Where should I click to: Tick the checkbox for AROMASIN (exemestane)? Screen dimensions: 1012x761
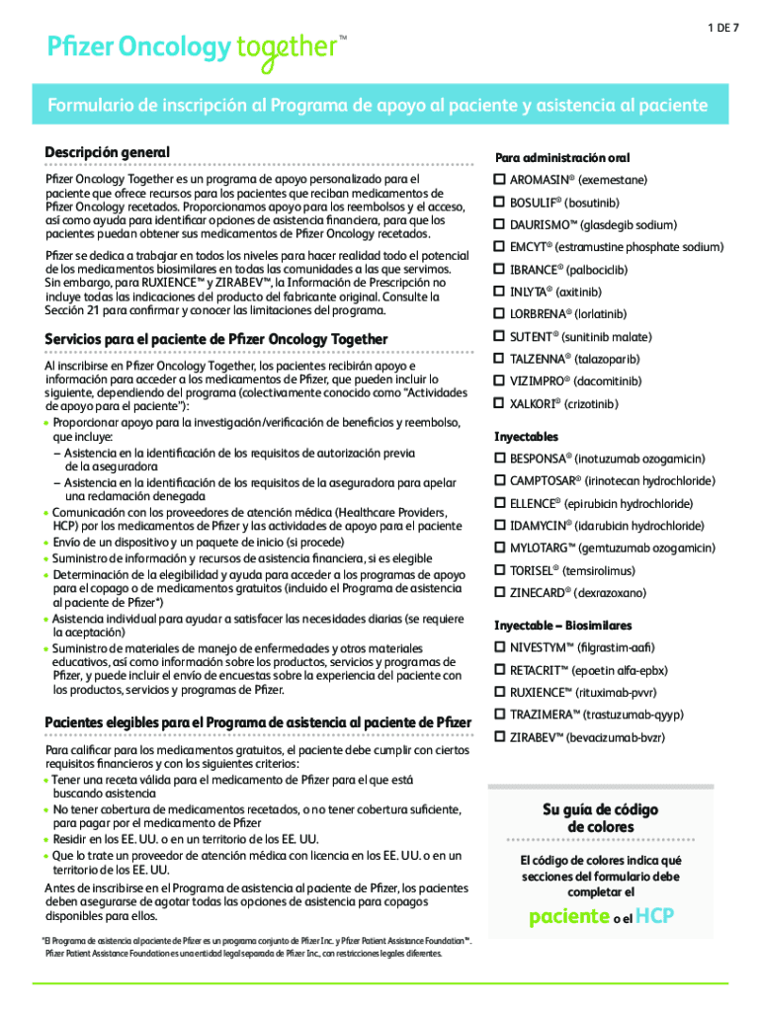pyautogui.click(x=500, y=181)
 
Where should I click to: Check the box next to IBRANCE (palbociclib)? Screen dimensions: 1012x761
pyautogui.click(x=500, y=270)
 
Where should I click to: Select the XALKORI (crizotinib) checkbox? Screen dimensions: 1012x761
pyautogui.click(x=500, y=404)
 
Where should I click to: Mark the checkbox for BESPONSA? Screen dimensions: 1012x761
pyautogui.click(x=500, y=460)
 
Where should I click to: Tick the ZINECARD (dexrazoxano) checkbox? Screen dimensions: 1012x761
pyautogui.click(x=500, y=593)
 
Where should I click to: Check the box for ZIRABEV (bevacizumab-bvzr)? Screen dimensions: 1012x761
pyautogui.click(x=500, y=737)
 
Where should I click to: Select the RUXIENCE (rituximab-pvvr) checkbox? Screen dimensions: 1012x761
pyautogui.click(x=500, y=693)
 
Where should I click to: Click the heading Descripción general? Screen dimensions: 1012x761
pyautogui.click(x=107, y=152)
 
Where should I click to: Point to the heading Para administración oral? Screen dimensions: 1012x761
pyautogui.click(x=562, y=158)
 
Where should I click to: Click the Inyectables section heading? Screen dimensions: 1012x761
pyautogui.click(x=526, y=437)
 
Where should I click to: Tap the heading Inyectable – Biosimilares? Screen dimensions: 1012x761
pyautogui.click(x=562, y=626)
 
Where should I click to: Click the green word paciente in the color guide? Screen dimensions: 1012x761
pyautogui.click(x=568, y=916)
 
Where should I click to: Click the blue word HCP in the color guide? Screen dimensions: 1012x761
pyautogui.click(x=654, y=916)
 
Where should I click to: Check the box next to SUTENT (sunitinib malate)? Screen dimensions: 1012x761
pyautogui.click(x=500, y=337)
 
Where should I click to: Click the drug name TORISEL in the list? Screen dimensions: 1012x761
pyautogui.click(x=531, y=571)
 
